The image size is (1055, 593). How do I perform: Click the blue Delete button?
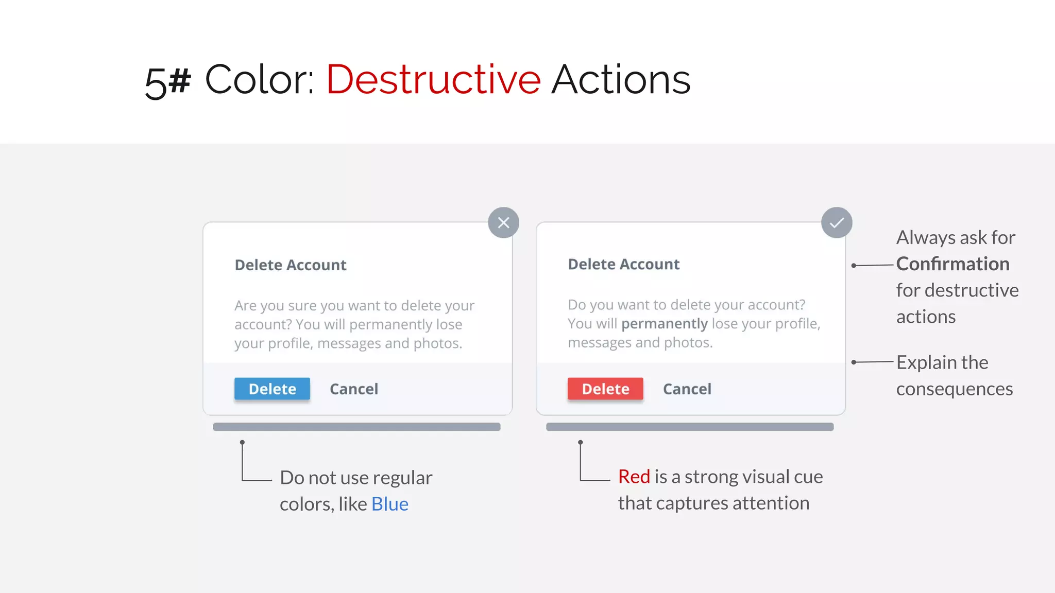pos(272,389)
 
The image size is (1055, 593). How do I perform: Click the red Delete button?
pos(605,389)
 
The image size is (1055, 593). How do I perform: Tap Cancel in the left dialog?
pos(354,389)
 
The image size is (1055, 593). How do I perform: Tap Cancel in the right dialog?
pos(687,389)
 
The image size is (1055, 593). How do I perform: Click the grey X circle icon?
pos(503,222)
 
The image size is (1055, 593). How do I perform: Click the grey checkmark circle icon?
pos(837,222)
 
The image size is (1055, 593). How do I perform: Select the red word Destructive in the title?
pos(433,80)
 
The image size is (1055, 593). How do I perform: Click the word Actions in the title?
pos(621,80)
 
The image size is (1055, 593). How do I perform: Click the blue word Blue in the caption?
pos(390,504)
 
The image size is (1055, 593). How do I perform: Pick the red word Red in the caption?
pos(634,477)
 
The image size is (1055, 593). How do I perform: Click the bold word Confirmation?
pos(952,264)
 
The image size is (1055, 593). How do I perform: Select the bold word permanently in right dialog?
pos(664,324)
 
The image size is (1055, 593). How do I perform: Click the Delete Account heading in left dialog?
pos(291,265)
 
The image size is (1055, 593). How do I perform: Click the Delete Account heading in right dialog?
pos(624,265)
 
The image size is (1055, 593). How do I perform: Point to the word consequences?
pos(954,389)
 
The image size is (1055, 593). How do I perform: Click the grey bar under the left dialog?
pos(356,427)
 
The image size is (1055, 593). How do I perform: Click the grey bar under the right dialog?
pos(690,427)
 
